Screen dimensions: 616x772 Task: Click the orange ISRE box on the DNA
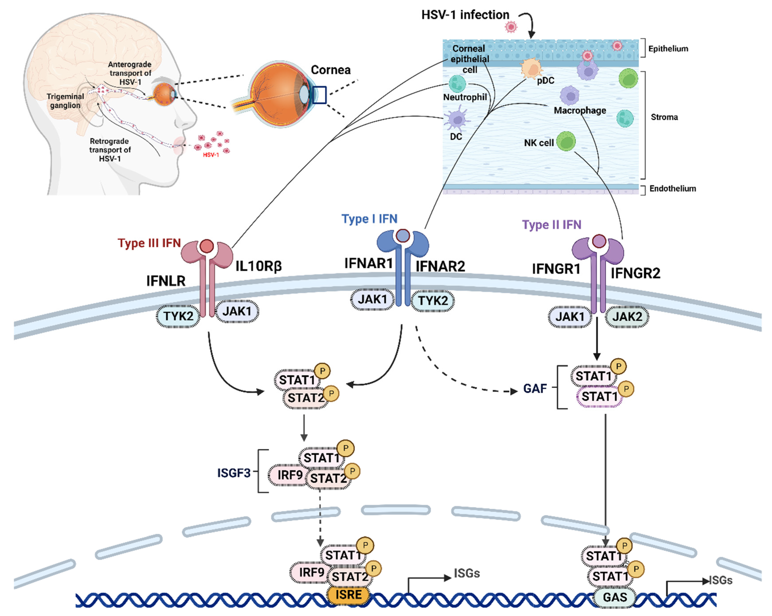(x=348, y=594)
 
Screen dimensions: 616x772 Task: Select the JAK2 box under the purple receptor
(x=627, y=316)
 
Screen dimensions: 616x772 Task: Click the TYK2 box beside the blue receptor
(x=432, y=301)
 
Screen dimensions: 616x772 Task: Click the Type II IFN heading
(x=551, y=224)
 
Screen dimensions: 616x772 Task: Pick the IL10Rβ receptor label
(x=258, y=266)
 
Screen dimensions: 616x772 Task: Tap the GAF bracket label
(x=535, y=388)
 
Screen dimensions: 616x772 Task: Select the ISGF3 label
(x=234, y=473)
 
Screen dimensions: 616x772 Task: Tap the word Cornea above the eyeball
(x=330, y=70)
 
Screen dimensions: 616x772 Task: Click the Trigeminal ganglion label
(x=65, y=101)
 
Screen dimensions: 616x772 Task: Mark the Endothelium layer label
(x=672, y=188)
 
